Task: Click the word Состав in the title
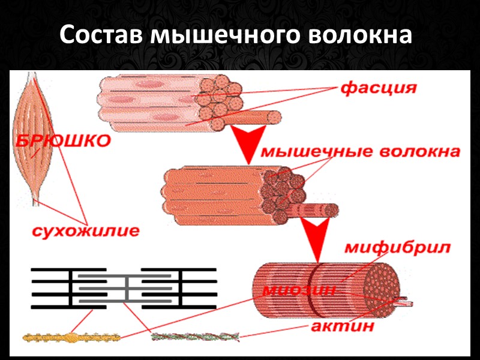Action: tap(101, 37)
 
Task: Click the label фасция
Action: tap(378, 88)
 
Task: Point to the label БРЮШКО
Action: tap(63, 142)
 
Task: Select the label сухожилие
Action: tap(86, 230)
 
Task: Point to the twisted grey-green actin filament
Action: tap(194, 337)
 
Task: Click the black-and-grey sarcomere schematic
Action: tap(123, 288)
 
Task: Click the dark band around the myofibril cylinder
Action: tap(313, 288)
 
